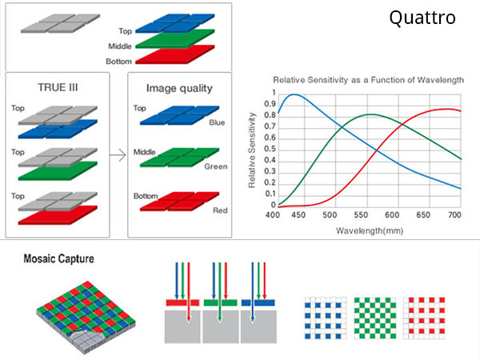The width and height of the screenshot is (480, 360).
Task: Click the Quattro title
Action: (x=422, y=18)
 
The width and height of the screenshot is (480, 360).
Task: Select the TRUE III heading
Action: (x=58, y=87)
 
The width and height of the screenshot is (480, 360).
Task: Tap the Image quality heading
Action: (x=179, y=88)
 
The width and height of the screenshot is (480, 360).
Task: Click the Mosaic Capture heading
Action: (x=58, y=258)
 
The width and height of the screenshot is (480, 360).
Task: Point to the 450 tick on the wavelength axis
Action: (x=298, y=215)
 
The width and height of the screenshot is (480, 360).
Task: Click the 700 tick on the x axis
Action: (x=454, y=215)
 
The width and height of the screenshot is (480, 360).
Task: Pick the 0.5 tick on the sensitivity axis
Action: (x=270, y=149)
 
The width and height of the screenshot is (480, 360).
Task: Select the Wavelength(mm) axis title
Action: (x=370, y=230)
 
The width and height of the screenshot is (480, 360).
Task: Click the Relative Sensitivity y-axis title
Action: (x=252, y=150)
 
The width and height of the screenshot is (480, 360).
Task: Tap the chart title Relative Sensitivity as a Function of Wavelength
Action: (x=368, y=80)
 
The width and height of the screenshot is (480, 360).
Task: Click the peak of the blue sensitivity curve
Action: (x=294, y=94)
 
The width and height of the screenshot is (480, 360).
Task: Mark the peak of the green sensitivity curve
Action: (x=370, y=114)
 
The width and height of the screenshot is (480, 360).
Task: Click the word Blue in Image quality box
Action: (x=217, y=122)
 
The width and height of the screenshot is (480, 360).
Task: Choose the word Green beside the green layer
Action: (x=216, y=166)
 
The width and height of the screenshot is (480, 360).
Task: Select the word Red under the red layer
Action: (x=220, y=210)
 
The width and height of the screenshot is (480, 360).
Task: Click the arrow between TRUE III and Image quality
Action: (x=118, y=155)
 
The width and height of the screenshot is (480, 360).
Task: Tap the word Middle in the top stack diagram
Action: (x=120, y=46)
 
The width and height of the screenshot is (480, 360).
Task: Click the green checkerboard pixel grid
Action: (x=375, y=318)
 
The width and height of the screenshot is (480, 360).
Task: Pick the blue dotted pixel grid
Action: (x=326, y=318)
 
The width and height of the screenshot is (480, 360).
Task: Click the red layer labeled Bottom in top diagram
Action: (x=175, y=54)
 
